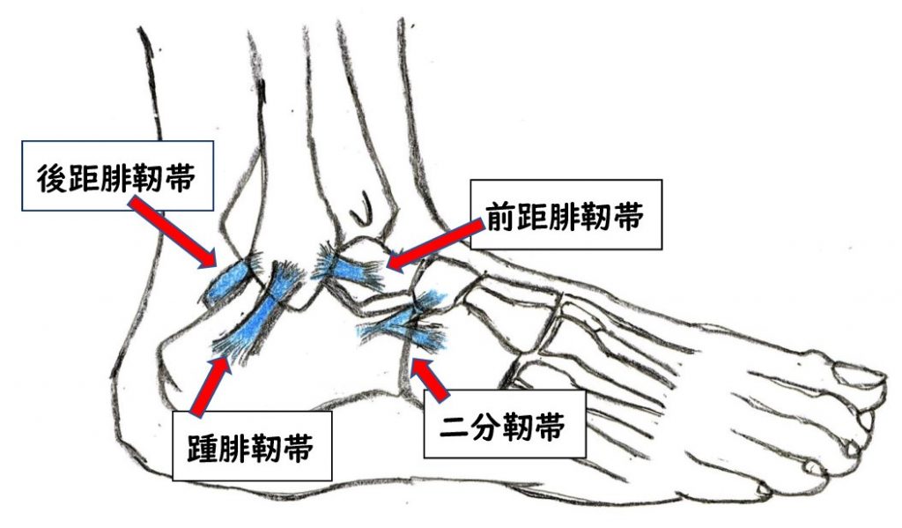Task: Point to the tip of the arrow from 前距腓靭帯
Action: click(387, 267)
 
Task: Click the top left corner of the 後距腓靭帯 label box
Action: click(22, 141)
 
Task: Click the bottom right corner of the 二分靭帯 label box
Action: click(586, 457)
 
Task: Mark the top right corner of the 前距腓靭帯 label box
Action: click(662, 180)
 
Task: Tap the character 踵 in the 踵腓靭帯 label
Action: click(203, 448)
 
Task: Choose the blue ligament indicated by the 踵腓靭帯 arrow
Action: click(260, 314)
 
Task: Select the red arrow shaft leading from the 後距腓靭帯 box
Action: click(172, 232)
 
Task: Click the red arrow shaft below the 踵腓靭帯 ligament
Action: click(211, 387)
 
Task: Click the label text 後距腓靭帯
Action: click(116, 177)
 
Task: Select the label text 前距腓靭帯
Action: click(565, 217)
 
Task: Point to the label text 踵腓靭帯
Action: click(251, 448)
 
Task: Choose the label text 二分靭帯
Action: click(503, 426)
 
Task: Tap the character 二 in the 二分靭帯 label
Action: click(455, 427)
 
